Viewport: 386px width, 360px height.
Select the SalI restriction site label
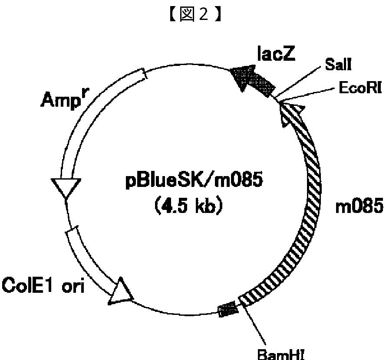click(339, 66)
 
